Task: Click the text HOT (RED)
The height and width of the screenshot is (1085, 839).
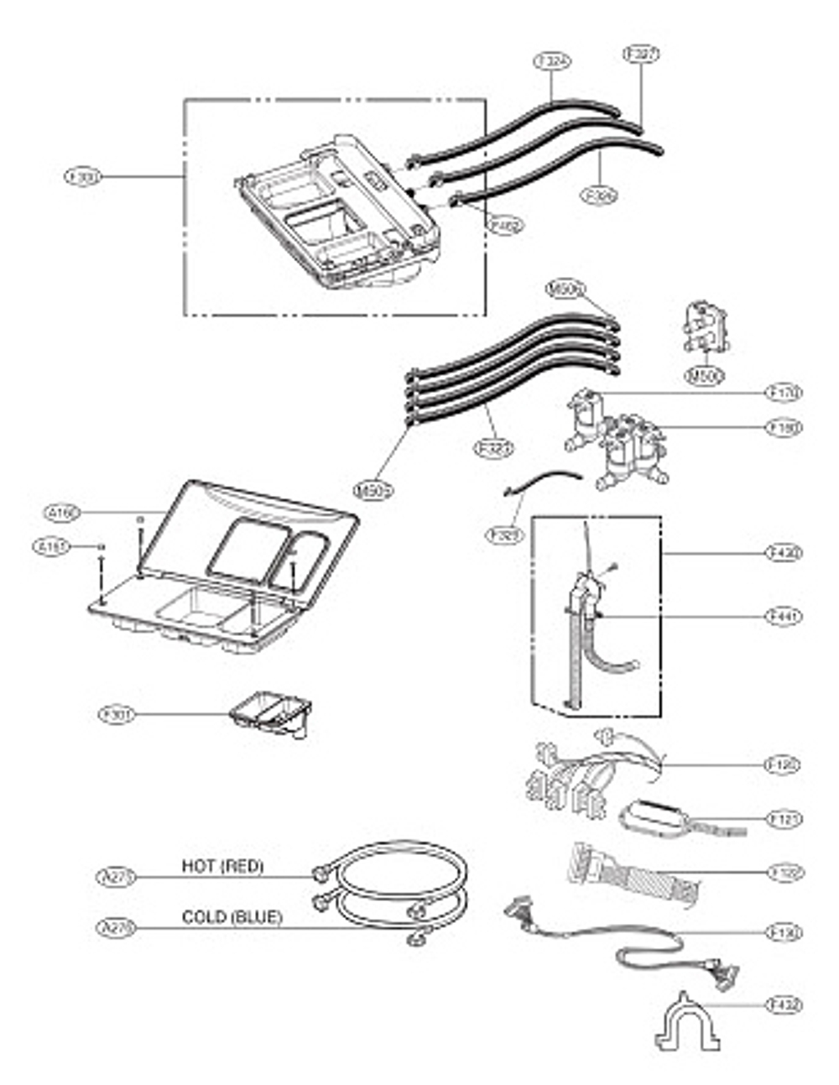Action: point(222,866)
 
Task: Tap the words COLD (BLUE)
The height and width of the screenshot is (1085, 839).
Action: point(232,917)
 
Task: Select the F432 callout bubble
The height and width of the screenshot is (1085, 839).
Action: point(784,1004)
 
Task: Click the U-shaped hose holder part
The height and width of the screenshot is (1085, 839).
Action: point(687,1024)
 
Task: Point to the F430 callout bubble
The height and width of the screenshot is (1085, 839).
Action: point(784,553)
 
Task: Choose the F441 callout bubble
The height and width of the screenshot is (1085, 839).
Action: point(784,616)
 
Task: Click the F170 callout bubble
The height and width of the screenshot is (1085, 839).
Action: point(784,392)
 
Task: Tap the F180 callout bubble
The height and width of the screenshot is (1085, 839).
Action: point(784,427)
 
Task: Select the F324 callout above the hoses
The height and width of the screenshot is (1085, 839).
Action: point(551,62)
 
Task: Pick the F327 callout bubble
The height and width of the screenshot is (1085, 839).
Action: point(641,54)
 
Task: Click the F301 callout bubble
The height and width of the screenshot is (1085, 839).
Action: point(116,715)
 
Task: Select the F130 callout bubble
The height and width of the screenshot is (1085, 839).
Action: point(784,932)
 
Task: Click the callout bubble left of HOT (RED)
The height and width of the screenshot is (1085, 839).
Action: point(115,877)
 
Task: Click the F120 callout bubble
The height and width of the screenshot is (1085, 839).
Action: point(784,765)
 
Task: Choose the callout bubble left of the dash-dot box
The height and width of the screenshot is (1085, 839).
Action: point(82,177)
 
